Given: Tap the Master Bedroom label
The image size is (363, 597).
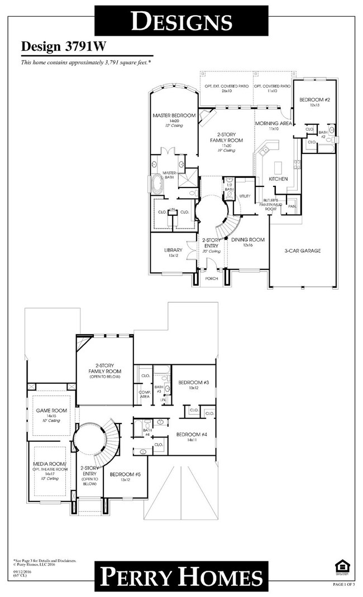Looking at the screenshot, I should pyautogui.click(x=174, y=115).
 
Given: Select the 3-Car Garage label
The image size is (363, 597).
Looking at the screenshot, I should pyautogui.click(x=303, y=251).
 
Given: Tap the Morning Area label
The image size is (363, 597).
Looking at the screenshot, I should pyautogui.click(x=274, y=123).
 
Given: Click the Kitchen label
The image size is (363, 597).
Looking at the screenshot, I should pyautogui.click(x=278, y=179).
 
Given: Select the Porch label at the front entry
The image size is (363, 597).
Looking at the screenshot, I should pyautogui.click(x=212, y=278).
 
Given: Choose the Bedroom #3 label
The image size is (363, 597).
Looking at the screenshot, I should pyautogui.click(x=193, y=382).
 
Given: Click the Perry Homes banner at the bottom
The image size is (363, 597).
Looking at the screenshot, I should pyautogui.click(x=181, y=576).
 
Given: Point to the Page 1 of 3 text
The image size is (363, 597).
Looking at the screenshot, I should pyautogui.click(x=345, y=584).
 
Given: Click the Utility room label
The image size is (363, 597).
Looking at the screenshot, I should pyautogui.click(x=245, y=196).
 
